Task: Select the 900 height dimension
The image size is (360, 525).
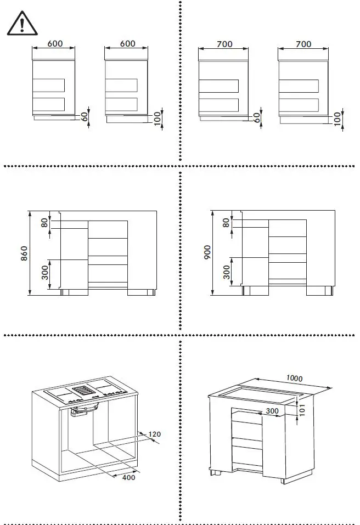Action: (x=206, y=253)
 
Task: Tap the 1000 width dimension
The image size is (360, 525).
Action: (x=294, y=379)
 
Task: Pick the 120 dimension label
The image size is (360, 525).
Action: (x=155, y=434)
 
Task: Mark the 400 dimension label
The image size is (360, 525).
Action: (x=128, y=478)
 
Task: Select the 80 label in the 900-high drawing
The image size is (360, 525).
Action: (x=226, y=223)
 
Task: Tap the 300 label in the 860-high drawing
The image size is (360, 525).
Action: (x=45, y=271)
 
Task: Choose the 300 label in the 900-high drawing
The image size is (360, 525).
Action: (x=226, y=270)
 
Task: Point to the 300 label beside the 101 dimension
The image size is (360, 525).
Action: (x=272, y=410)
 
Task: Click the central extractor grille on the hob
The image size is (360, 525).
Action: (x=84, y=390)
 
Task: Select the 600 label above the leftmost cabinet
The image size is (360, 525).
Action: (x=54, y=43)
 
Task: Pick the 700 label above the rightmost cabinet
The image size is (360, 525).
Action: (x=303, y=44)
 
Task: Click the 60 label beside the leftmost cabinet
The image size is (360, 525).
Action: (x=85, y=117)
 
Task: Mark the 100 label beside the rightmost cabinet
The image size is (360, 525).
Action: (x=337, y=117)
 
